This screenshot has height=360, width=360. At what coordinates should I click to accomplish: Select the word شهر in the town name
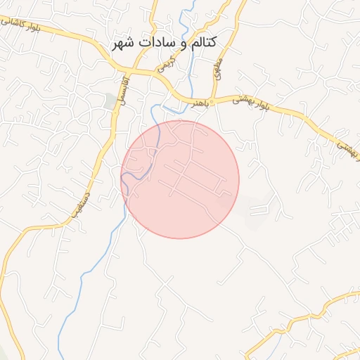click(124, 43)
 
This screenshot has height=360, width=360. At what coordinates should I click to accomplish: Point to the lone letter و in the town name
click(179, 44)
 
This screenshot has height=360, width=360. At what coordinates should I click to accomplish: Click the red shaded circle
click(181, 179)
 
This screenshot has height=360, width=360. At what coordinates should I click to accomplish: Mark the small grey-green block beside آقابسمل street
click(110, 101)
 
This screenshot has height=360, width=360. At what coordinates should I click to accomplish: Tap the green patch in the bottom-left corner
click(6, 352)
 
